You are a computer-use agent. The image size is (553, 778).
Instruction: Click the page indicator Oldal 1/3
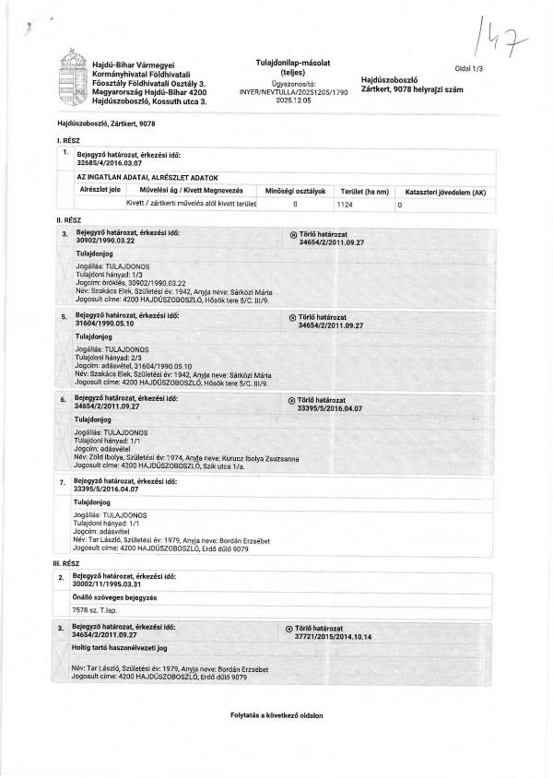476,69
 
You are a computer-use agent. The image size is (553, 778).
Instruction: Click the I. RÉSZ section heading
68,138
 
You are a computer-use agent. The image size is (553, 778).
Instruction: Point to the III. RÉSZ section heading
70,561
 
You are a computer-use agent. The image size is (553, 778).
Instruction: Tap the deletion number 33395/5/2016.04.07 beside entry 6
331,407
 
